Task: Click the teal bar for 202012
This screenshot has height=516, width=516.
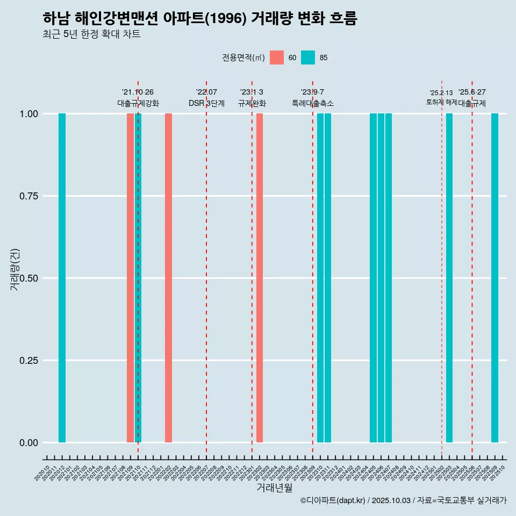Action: pyautogui.click(x=62, y=278)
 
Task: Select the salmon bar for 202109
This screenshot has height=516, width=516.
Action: pyautogui.click(x=130, y=278)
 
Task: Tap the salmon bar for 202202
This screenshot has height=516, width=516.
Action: pyautogui.click(x=168, y=278)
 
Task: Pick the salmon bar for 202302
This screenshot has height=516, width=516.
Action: pyautogui.click(x=260, y=278)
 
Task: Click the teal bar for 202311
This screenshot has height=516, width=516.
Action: pyautogui.click(x=328, y=278)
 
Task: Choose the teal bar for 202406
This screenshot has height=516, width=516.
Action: pyautogui.click(x=381, y=278)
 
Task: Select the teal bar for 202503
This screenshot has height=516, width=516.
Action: pyautogui.click(x=449, y=278)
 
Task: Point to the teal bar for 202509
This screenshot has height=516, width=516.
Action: pyautogui.click(x=495, y=278)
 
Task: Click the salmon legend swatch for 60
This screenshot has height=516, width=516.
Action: pyautogui.click(x=277, y=58)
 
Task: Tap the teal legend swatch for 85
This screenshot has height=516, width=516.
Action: pyautogui.click(x=308, y=58)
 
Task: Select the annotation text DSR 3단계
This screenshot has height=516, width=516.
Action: pyautogui.click(x=206, y=103)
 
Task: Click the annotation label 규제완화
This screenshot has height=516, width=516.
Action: pyautogui.click(x=252, y=103)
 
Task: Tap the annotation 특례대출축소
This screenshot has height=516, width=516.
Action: pyautogui.click(x=313, y=103)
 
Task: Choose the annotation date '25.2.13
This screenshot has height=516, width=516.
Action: pyautogui.click(x=441, y=93)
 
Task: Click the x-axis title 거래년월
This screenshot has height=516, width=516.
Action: pyautogui.click(x=274, y=488)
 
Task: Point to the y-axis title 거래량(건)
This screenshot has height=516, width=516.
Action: pyautogui.click(x=15, y=270)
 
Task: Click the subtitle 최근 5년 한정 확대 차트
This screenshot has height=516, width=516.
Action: pyautogui.click(x=91, y=34)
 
